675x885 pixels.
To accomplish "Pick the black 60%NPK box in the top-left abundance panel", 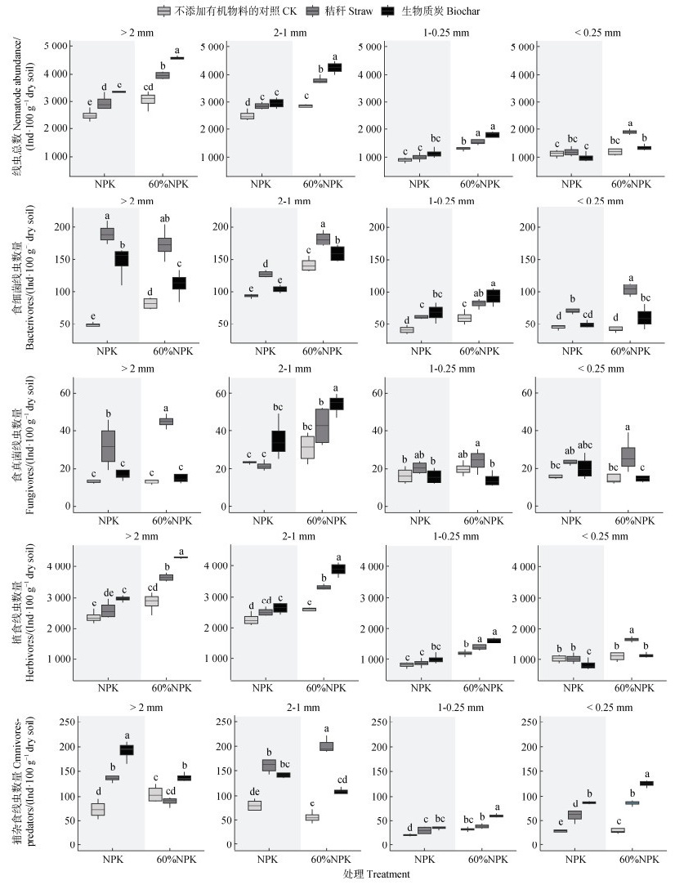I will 177,58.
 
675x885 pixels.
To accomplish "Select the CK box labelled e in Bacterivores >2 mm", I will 92,324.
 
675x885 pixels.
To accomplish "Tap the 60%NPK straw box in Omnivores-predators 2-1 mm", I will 326,746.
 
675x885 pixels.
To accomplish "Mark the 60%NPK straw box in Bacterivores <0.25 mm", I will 629,289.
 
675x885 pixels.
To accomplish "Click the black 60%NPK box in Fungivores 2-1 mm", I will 336,404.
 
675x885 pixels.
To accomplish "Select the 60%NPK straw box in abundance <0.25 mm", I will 630,132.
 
